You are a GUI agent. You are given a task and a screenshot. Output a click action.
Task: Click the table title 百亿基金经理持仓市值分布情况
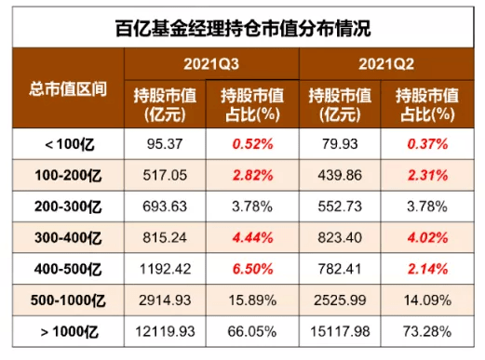[x=243, y=29]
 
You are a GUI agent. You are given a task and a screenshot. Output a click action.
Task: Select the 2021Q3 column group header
[x=211, y=64]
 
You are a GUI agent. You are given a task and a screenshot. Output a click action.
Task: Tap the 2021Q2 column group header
[x=386, y=64]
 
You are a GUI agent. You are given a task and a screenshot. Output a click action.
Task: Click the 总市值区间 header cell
[x=68, y=89]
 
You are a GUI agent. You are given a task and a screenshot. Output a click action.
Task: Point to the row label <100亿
[x=70, y=144]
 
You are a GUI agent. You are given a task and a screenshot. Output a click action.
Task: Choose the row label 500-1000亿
[x=68, y=300]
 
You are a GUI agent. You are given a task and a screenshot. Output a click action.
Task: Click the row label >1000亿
[x=70, y=332]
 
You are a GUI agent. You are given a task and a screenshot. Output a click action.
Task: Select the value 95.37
[x=165, y=144]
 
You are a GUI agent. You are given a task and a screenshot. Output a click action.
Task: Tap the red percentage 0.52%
[x=252, y=144]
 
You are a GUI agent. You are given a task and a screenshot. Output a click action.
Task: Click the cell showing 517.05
[x=165, y=175]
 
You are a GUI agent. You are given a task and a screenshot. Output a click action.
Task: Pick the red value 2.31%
[x=427, y=176]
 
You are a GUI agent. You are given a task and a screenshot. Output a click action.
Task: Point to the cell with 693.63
[x=165, y=207]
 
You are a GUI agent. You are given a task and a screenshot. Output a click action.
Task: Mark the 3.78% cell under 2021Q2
[x=427, y=207]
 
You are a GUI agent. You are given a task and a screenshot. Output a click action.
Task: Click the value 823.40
[x=340, y=238]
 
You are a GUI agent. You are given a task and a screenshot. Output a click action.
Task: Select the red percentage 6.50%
[x=252, y=269]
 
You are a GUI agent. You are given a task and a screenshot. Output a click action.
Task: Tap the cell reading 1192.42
[x=165, y=269]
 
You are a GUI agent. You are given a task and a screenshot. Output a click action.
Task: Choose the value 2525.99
[x=340, y=300]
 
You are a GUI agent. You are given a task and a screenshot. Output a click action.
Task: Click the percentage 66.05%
[x=252, y=331]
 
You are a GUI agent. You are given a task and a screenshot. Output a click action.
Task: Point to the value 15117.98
[x=340, y=331]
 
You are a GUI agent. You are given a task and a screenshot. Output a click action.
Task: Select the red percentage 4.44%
[x=252, y=238]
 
